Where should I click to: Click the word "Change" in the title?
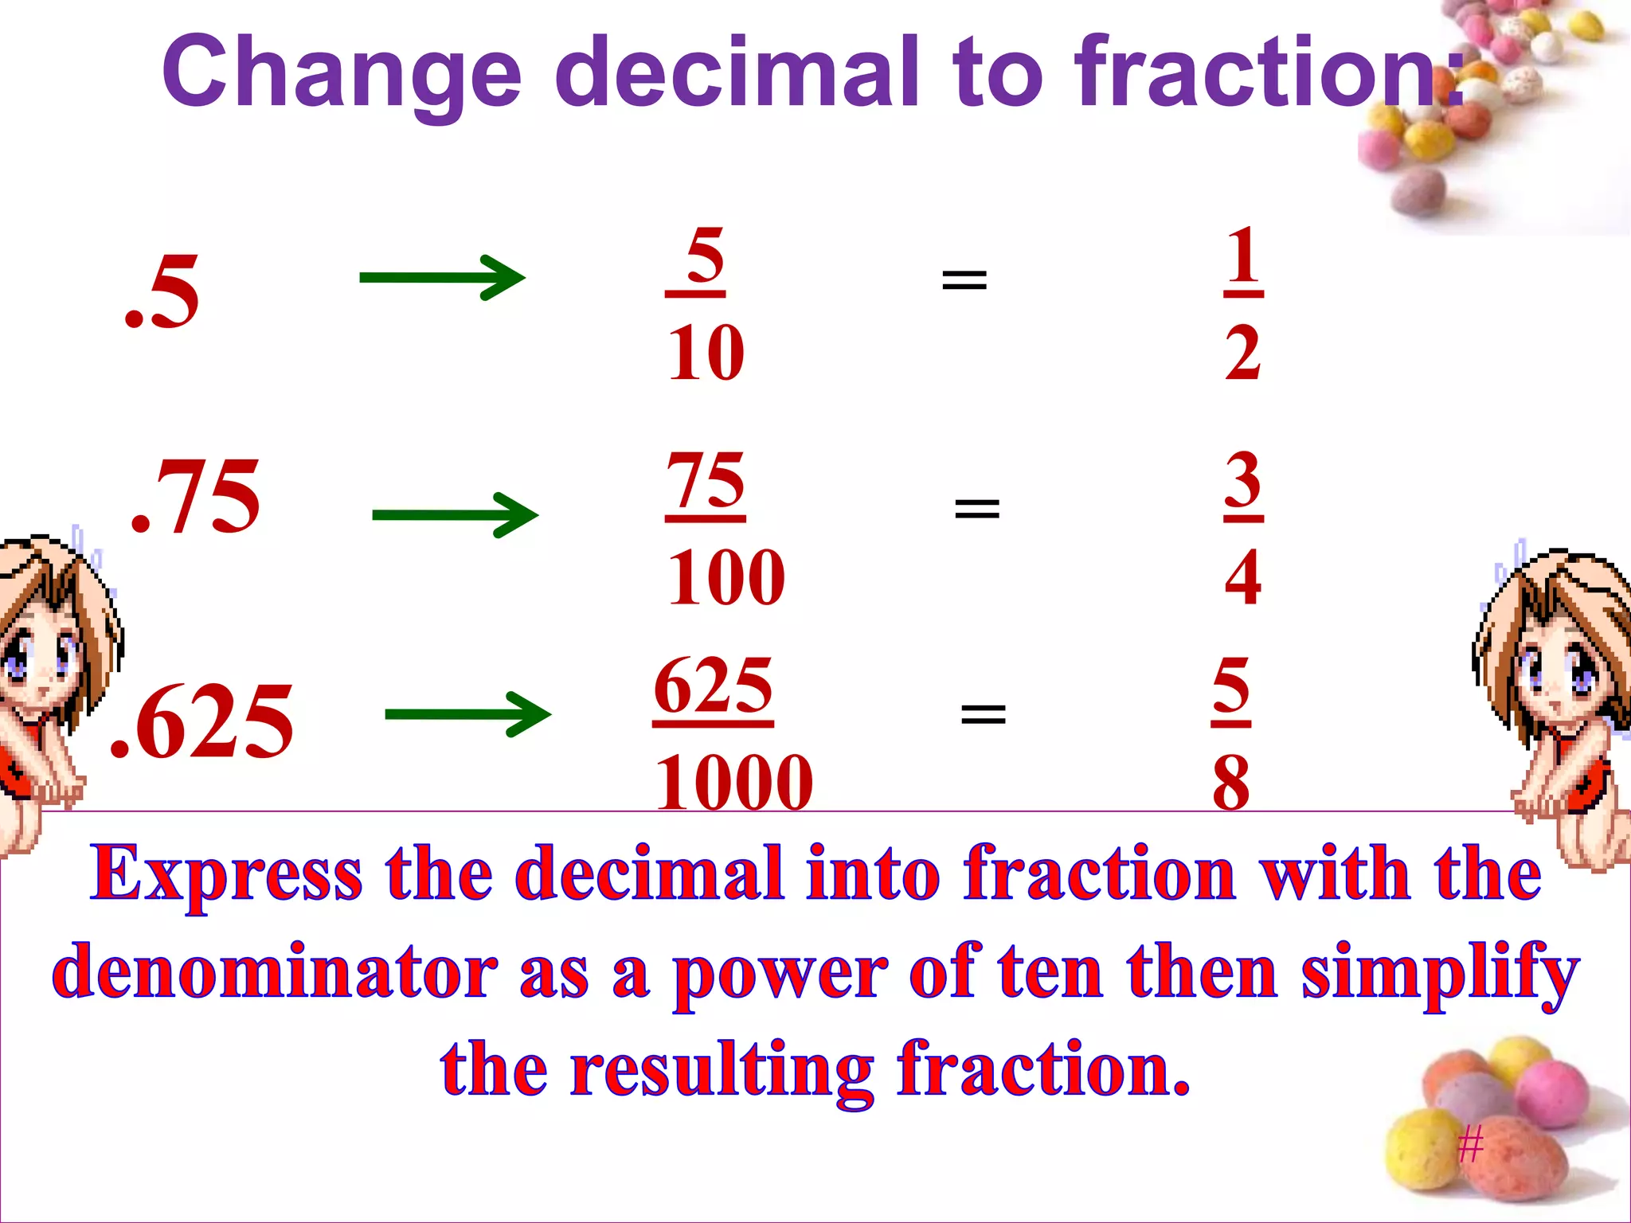point(342,73)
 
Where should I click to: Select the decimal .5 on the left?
point(162,293)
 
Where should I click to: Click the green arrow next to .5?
point(442,277)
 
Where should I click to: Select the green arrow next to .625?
point(467,714)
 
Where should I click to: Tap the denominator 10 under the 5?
point(706,353)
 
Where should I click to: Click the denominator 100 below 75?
point(726,577)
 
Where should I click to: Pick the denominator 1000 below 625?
point(733,783)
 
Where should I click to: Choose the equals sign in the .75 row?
point(976,507)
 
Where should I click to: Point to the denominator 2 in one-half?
point(1242,353)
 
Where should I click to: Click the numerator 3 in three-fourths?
point(1243,479)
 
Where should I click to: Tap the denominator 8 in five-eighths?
point(1231,783)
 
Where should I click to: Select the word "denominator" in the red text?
point(276,972)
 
